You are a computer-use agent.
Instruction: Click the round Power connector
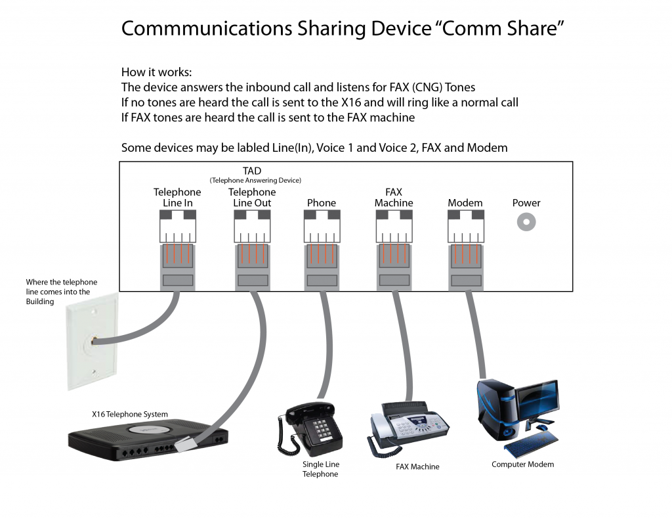point(526,223)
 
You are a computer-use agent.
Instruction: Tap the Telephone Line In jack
point(177,229)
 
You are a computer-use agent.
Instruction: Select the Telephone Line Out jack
point(252,229)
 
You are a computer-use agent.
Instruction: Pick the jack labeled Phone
point(322,229)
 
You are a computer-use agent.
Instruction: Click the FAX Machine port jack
point(394,229)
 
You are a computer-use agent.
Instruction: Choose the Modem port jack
point(465,229)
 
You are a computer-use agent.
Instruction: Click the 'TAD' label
point(252,171)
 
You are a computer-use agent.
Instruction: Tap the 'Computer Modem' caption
point(522,464)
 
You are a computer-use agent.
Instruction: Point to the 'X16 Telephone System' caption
point(130,415)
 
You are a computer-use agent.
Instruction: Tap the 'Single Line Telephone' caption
point(320,469)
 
